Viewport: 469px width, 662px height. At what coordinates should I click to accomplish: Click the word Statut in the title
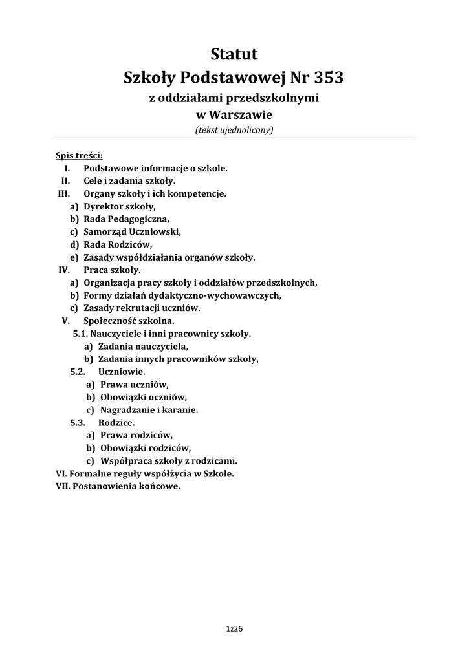click(x=234, y=54)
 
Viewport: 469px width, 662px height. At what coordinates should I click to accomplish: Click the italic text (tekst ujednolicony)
click(x=234, y=130)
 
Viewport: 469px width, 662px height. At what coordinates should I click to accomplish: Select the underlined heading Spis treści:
click(x=80, y=156)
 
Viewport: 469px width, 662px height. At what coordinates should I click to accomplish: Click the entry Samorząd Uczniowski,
click(x=132, y=231)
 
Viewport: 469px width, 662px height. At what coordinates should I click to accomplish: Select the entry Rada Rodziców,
click(x=118, y=244)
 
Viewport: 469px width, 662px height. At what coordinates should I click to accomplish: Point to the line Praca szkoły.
click(x=112, y=270)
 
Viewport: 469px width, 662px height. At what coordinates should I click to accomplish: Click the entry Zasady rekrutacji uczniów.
click(x=142, y=308)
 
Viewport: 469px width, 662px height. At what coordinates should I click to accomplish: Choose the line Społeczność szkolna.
click(x=129, y=320)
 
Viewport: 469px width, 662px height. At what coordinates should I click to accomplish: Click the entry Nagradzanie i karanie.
click(x=149, y=410)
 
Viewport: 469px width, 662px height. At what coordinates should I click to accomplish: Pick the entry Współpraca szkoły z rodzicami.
click(x=169, y=461)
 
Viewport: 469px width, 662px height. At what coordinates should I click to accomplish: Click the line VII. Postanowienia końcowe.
click(x=118, y=486)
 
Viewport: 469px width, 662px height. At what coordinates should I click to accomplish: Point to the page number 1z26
click(x=234, y=628)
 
